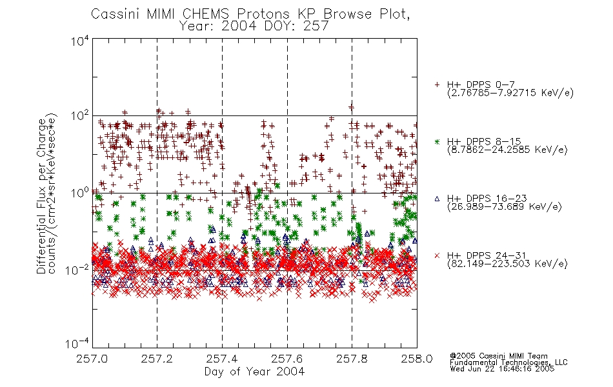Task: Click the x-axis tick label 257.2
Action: pos(157,359)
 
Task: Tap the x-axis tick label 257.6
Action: pos(287,359)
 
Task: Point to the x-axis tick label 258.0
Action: pos(417,359)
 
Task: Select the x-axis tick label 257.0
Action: pos(92,359)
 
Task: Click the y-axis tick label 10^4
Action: pos(80,41)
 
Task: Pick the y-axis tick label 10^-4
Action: pos(77,343)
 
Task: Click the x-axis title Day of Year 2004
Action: pos(254,372)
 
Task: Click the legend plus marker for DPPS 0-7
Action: pos(437,84)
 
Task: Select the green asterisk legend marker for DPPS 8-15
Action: pos(437,141)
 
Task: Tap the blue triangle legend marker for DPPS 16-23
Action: pos(437,199)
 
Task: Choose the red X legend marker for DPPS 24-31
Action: pos(437,255)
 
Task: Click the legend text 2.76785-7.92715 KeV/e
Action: pos(510,93)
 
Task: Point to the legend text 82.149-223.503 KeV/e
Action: pos(507,264)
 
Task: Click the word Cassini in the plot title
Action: pos(116,14)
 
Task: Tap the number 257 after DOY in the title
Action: pos(316,26)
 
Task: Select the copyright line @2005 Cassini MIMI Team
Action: pos(498,356)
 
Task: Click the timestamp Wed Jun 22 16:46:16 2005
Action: pos(502,369)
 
